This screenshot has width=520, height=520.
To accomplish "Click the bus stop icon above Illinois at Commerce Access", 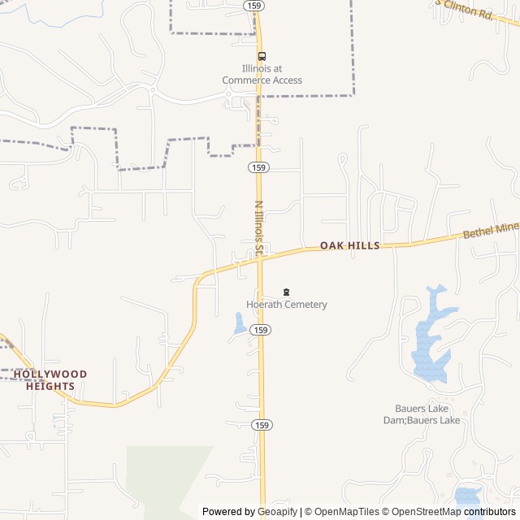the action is tap(262, 56).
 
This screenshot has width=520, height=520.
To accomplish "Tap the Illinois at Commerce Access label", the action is tap(262, 75).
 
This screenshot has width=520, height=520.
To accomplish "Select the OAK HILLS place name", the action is tap(349, 245).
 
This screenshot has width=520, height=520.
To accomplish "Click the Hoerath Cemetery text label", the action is tap(287, 305).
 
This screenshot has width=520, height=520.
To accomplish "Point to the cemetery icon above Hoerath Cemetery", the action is tap(286, 292).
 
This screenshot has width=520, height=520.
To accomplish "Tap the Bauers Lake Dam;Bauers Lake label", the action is tap(422, 414).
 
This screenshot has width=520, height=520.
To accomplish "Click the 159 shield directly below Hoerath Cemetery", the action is tap(260, 330).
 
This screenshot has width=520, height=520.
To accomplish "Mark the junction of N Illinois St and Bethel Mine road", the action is tap(260, 255).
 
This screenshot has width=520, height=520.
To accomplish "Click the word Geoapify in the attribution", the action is tap(277, 512).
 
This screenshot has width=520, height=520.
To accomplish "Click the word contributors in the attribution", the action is tap(490, 512).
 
